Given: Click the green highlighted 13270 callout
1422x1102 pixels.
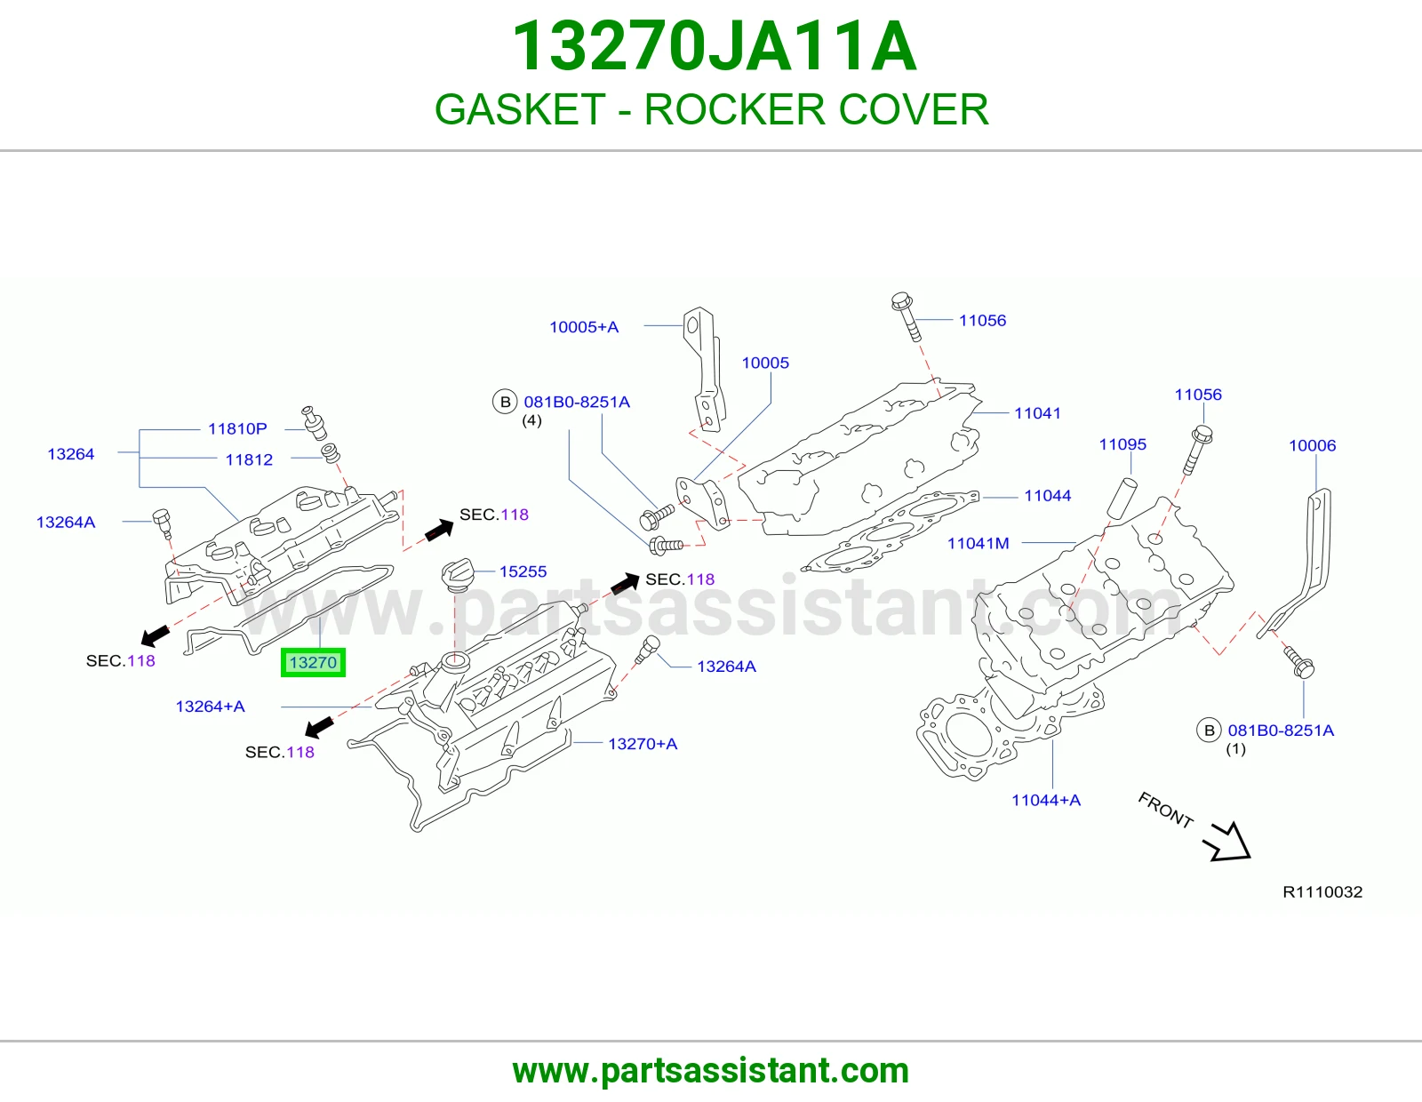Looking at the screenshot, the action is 313,662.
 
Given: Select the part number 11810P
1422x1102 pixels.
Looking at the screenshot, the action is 237,428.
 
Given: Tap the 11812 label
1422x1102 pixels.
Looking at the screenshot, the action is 249,459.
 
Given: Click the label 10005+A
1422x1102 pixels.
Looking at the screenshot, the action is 584,326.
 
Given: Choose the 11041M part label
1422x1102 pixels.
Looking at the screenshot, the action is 979,543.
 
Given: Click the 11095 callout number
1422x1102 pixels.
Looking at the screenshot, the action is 1122,444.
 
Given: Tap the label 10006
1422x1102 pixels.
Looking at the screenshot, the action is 1312,445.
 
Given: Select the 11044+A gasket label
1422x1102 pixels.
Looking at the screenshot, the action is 1046,800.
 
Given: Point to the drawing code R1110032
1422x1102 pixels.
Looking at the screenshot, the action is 1322,892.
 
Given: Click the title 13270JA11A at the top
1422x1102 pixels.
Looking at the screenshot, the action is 714,46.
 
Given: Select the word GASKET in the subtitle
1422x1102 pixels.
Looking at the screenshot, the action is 520,109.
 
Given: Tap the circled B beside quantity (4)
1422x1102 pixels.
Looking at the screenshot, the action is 505,402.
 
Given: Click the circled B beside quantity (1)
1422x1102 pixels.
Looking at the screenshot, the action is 1209,731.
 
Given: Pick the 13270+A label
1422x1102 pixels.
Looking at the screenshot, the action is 643,744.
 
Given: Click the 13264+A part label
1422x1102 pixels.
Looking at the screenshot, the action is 210,707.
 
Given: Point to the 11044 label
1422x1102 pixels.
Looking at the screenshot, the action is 1047,495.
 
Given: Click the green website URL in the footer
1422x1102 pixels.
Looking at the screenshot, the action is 711,1071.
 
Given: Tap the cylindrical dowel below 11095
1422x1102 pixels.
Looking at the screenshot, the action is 1122,498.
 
